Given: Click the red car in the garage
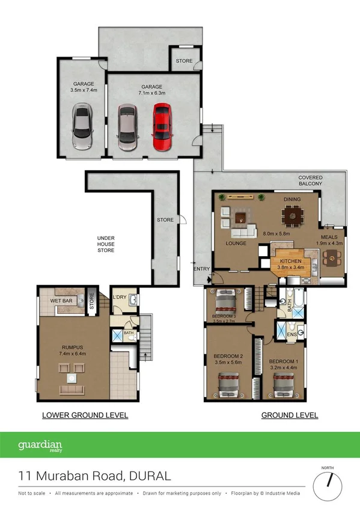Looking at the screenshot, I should click(x=162, y=127).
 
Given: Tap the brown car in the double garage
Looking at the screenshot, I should click(x=128, y=127).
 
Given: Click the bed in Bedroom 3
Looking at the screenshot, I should click(x=225, y=299).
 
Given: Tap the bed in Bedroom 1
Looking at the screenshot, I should click(x=282, y=383).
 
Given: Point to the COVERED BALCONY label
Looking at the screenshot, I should click(x=311, y=181).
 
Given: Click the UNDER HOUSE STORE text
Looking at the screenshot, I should click(x=106, y=244).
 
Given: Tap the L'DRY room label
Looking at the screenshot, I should click(x=119, y=297).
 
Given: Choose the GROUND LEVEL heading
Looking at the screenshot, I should click(x=289, y=416).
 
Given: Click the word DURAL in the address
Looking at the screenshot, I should click(x=149, y=476).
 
